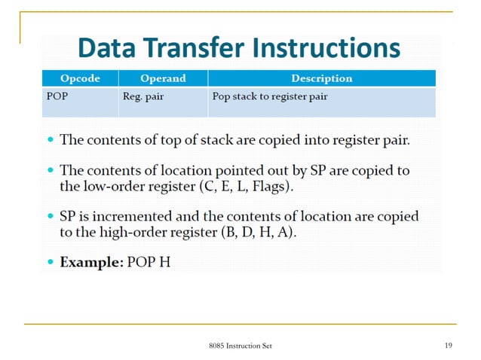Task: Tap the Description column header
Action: [322, 78]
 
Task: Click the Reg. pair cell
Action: [142, 97]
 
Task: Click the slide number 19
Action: [448, 346]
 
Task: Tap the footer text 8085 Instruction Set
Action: [240, 346]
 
